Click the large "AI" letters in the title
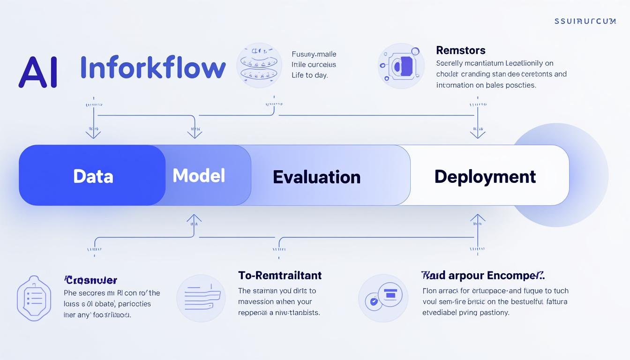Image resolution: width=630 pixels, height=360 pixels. [x=37, y=72]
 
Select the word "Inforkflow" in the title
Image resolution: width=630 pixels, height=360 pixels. [x=153, y=67]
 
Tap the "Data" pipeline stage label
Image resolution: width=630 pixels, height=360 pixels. [x=93, y=176]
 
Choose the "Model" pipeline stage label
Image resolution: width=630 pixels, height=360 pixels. [x=199, y=175]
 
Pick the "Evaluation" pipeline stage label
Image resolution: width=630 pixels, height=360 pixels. [x=316, y=177]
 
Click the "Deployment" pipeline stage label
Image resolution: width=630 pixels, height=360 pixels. [x=485, y=176]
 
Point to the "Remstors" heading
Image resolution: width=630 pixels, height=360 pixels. [x=460, y=50]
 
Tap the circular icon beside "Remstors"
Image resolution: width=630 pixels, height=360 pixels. [x=398, y=66]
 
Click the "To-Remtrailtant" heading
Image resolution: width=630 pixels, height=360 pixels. [x=280, y=275]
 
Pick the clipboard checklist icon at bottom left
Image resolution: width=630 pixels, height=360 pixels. [x=33, y=298]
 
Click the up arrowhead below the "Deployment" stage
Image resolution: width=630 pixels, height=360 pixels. [x=477, y=218]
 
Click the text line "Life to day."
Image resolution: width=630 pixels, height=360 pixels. [x=310, y=75]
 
